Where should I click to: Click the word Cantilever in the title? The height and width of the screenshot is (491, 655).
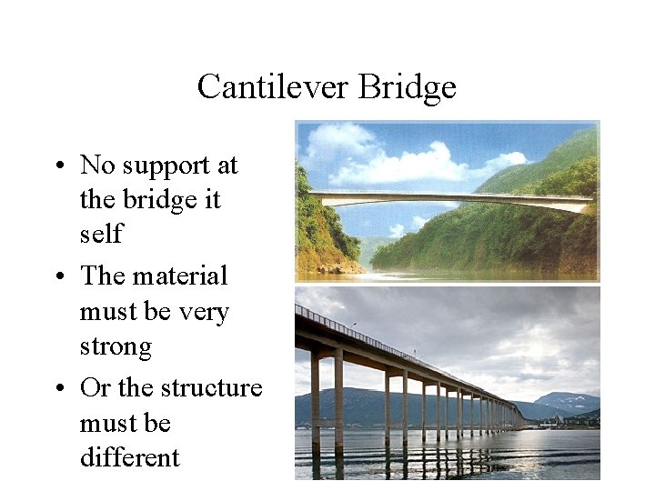[x=273, y=87]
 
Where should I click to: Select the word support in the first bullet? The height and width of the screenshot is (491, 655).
[x=158, y=165]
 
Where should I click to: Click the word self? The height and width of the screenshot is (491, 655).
[x=100, y=235]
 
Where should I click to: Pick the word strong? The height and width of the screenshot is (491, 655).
[x=116, y=346]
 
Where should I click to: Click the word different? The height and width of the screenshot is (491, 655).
[x=129, y=457]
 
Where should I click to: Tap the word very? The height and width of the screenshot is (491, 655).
[x=204, y=312]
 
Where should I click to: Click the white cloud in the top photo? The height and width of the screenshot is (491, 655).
[x=400, y=164]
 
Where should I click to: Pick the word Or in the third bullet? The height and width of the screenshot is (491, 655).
[x=95, y=388]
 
